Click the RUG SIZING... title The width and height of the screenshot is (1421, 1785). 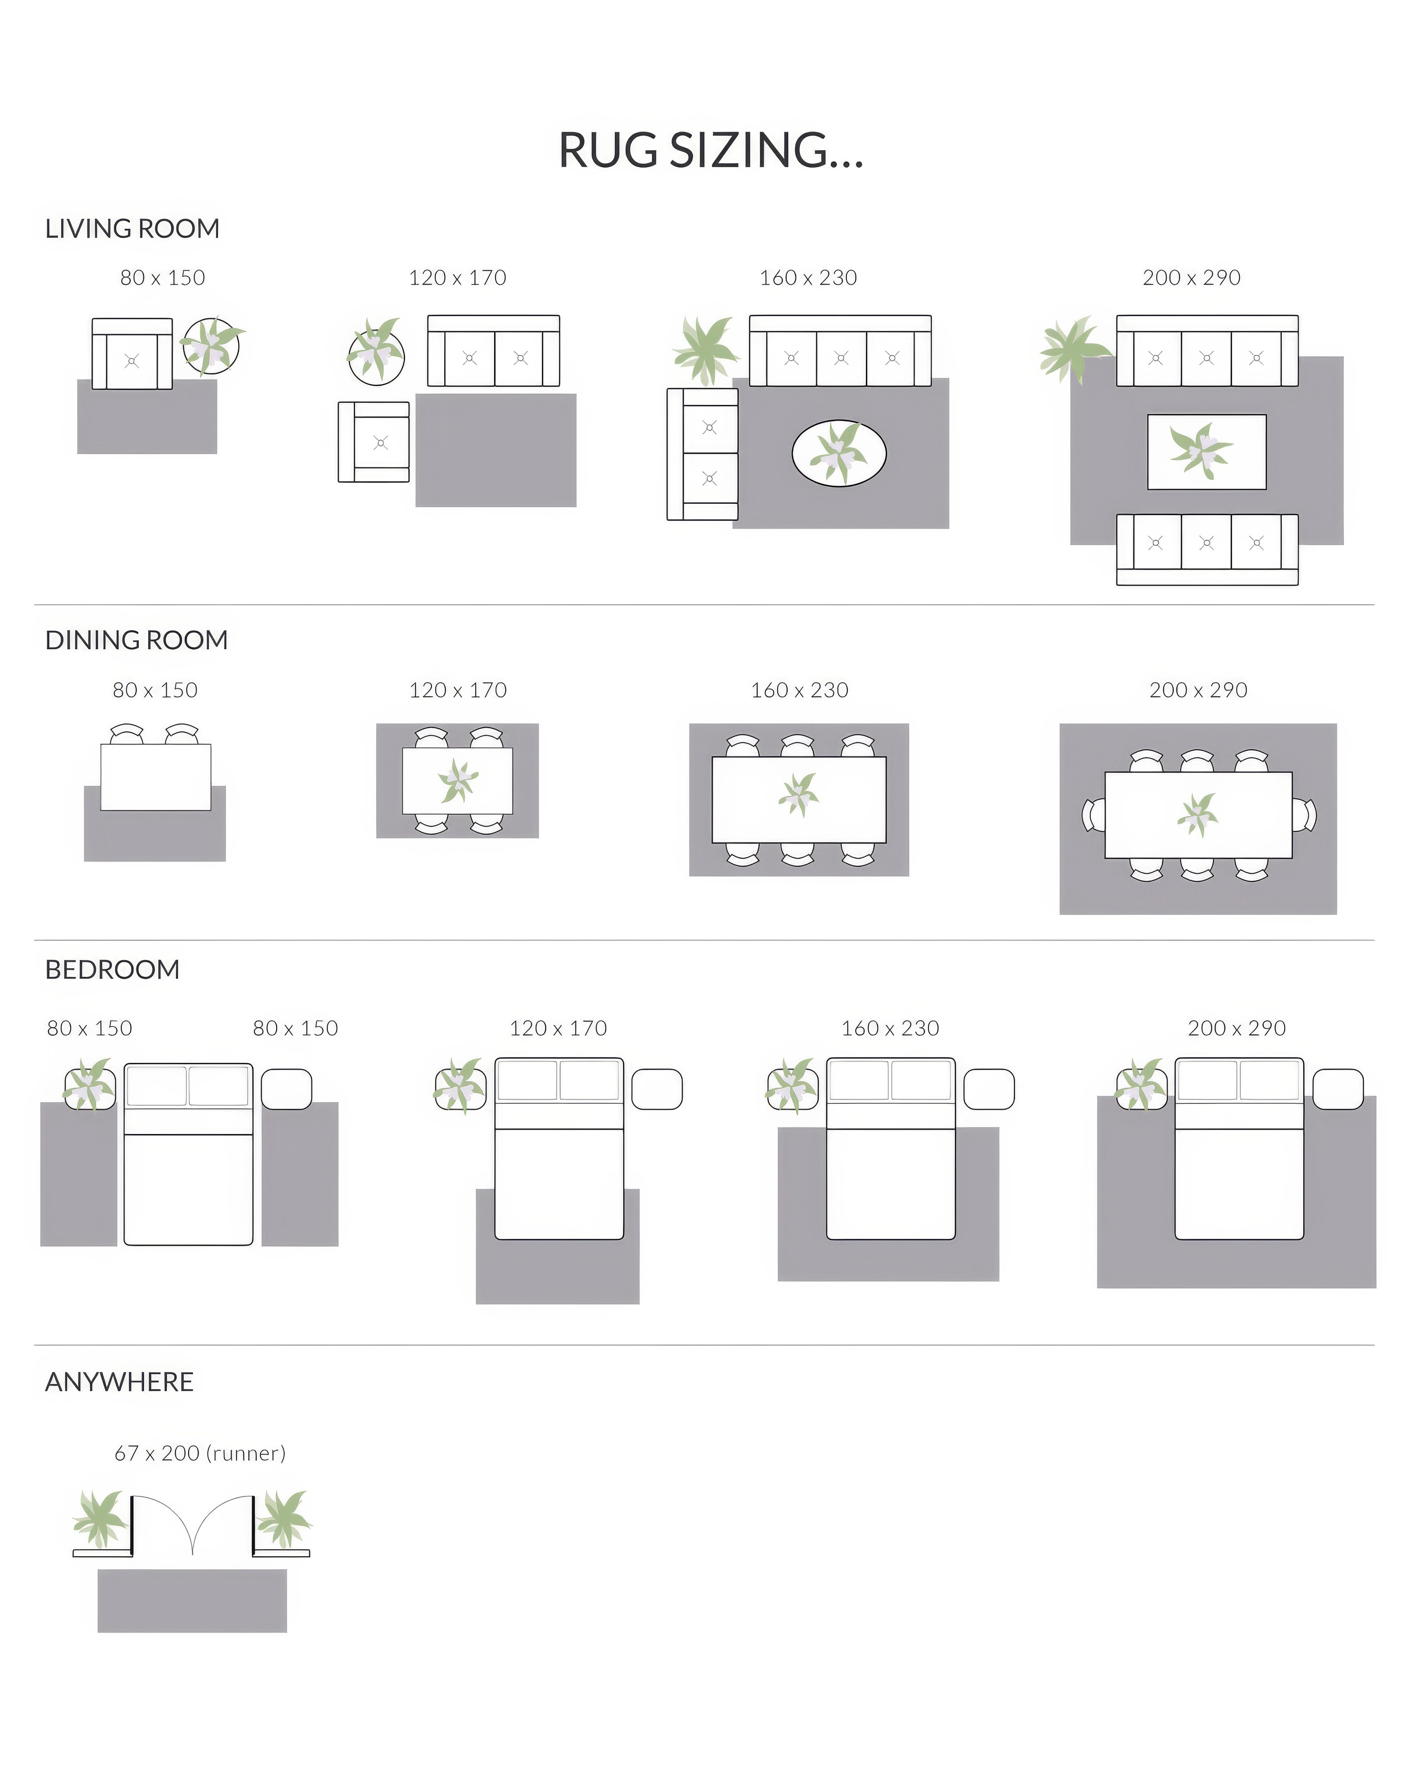(710, 151)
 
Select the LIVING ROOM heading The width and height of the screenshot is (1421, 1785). (132, 228)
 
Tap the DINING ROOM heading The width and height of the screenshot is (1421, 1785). (137, 640)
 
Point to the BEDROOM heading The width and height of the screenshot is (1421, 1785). (112, 969)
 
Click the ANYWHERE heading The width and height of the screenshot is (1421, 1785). (119, 1382)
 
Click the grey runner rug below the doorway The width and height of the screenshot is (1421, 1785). (192, 1600)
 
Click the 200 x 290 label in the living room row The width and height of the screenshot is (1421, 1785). (1192, 278)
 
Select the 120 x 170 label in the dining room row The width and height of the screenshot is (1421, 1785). (458, 690)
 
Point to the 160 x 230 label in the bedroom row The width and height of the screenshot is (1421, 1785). (890, 1029)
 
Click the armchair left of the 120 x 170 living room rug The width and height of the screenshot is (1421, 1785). (374, 442)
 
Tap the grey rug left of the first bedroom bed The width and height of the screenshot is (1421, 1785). (79, 1173)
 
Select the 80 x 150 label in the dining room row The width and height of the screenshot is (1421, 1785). (155, 690)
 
